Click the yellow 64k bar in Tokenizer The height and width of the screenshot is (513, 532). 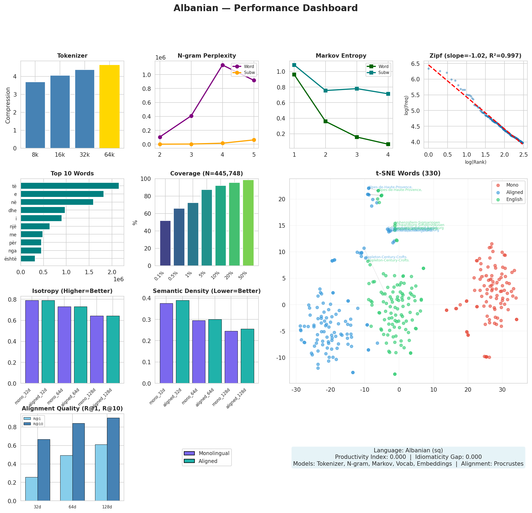[109, 107]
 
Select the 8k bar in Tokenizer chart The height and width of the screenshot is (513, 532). [35, 115]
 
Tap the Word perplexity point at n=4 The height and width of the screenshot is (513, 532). [223, 65]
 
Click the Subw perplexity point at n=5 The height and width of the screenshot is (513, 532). [254, 140]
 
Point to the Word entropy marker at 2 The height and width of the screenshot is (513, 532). [326, 121]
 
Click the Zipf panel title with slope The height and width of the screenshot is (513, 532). [475, 56]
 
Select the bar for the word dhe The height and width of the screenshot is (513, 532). [43, 210]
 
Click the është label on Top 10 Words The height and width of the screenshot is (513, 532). [11, 259]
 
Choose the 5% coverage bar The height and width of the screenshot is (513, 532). [207, 228]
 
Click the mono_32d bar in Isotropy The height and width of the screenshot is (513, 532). [32, 342]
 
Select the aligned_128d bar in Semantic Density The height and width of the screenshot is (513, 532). [247, 356]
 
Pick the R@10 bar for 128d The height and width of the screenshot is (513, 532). [113, 459]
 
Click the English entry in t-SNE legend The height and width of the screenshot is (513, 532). [514, 199]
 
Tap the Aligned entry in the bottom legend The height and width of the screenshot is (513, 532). [208, 461]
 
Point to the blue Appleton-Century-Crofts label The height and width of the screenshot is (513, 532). [386, 257]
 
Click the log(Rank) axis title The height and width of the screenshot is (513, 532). [475, 162]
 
